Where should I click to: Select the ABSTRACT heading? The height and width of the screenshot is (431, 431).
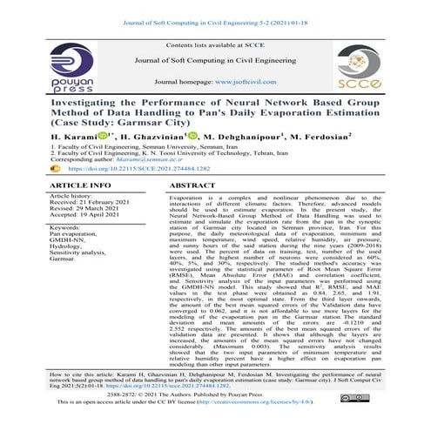[194, 186]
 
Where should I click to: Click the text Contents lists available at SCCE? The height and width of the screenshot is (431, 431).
[215, 44]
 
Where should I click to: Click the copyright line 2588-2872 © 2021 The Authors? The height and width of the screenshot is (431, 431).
[215, 407]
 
